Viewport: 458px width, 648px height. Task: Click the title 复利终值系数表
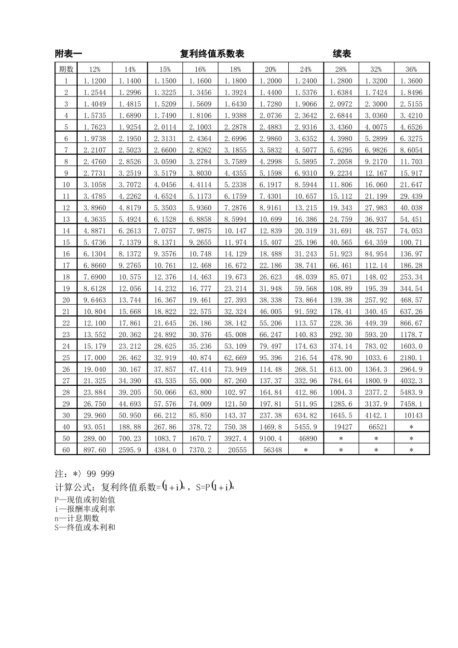pyautogui.click(x=212, y=54)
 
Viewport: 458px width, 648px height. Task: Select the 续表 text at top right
pyautogui.click(x=342, y=54)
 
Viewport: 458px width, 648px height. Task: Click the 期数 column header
pyautogui.click(x=66, y=69)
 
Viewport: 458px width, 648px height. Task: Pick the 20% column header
pyautogui.click(x=270, y=69)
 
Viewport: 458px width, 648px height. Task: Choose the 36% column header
pyautogui.click(x=411, y=69)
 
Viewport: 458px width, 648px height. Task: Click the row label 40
pyautogui.click(x=66, y=427)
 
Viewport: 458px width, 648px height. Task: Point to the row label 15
pyautogui.click(x=66, y=242)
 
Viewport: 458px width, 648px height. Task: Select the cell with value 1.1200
pyautogui.click(x=94, y=81)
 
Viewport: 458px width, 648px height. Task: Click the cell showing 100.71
pyautogui.click(x=411, y=242)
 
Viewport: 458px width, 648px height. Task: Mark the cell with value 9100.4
pyautogui.click(x=270, y=438)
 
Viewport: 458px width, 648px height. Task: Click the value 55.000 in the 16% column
pyautogui.click(x=200, y=380)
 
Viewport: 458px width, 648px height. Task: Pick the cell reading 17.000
pyautogui.click(x=94, y=357)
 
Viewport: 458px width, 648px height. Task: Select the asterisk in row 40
pyautogui.click(x=411, y=427)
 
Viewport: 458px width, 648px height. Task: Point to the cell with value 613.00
pyautogui.click(x=341, y=369)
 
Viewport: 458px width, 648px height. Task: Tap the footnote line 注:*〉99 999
pyautogui.click(x=85, y=474)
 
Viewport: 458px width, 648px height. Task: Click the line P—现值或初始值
pyautogui.click(x=85, y=500)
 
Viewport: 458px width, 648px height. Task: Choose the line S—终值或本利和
pyautogui.click(x=85, y=527)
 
